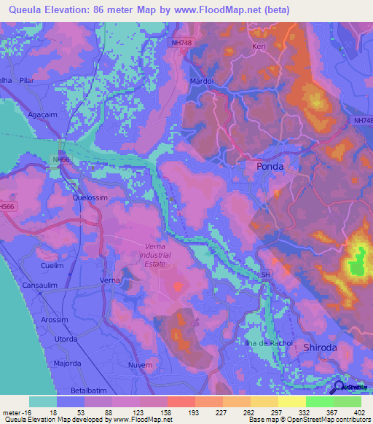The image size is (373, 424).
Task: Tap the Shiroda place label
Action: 321,348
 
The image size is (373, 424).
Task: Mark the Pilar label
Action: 30,81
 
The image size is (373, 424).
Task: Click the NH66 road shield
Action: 61,159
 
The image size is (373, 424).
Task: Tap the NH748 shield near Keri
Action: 182,43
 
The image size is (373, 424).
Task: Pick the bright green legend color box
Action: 319,401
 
